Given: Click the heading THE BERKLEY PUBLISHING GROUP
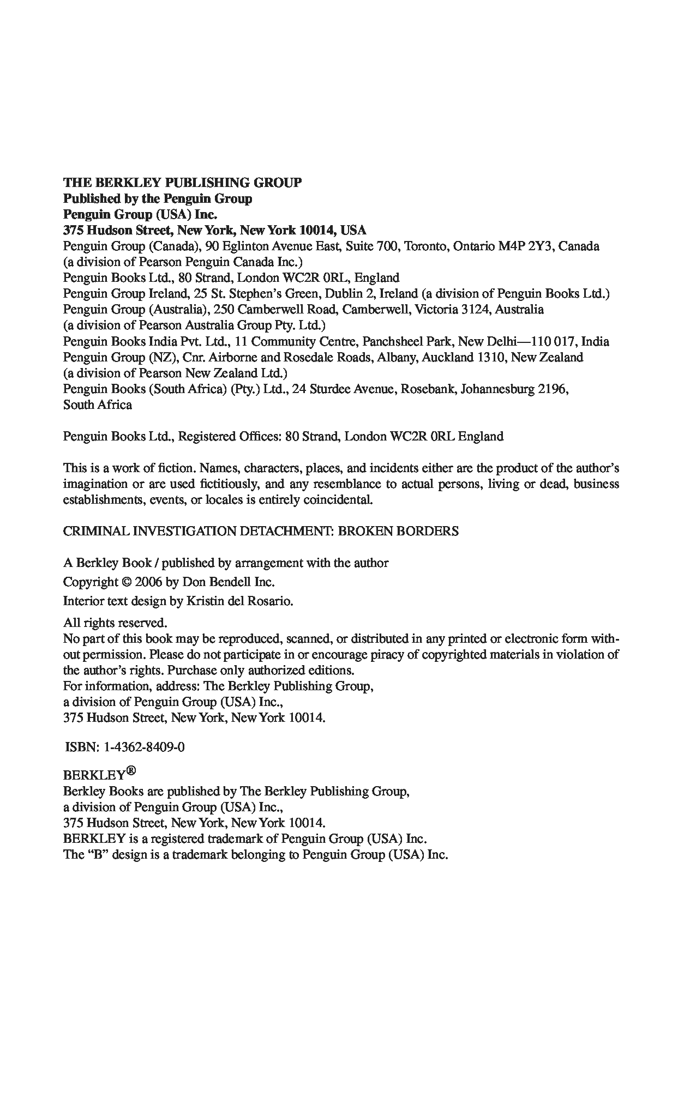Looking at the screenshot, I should point(182,183).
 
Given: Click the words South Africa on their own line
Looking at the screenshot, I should point(97,405).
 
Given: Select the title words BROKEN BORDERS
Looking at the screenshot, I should point(398,532).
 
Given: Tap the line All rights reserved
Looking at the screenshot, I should point(115,623).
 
